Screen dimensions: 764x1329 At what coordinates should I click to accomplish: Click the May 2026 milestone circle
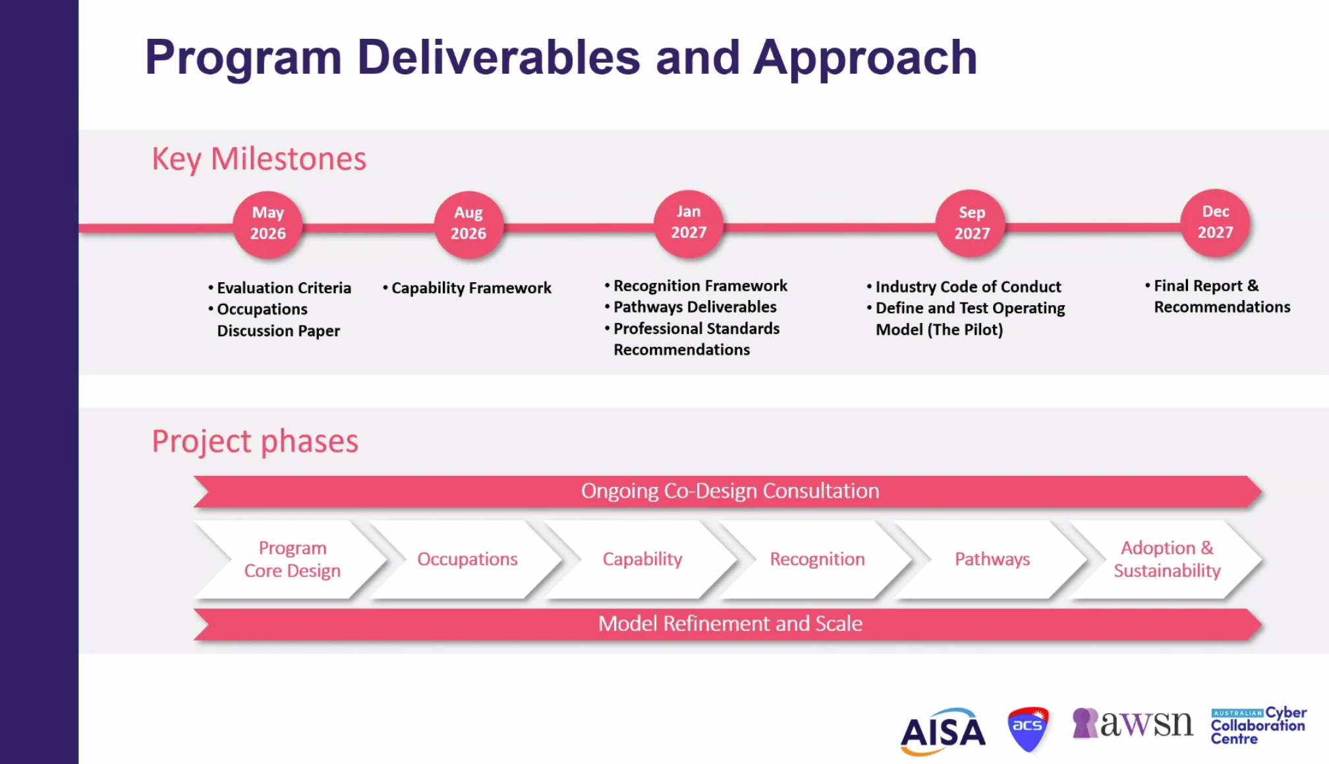click(268, 224)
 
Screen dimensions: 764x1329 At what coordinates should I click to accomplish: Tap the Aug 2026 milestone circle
click(468, 224)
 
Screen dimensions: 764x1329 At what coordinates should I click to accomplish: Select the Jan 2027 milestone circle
click(689, 223)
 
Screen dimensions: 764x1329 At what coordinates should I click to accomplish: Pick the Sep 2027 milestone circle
click(972, 224)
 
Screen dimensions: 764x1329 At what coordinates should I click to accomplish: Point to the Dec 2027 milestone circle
click(1215, 223)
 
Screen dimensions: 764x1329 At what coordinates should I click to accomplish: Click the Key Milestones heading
click(259, 159)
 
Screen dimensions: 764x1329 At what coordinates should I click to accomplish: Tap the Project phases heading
click(255, 441)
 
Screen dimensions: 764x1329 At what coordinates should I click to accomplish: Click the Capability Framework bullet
click(470, 288)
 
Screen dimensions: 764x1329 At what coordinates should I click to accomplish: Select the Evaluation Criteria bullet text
click(284, 288)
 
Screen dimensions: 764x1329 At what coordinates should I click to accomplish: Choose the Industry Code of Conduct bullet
click(968, 287)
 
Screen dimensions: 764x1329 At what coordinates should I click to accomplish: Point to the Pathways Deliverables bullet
click(694, 307)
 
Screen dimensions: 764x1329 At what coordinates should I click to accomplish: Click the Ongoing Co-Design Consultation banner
click(729, 491)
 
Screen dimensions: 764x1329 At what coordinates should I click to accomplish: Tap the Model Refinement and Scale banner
click(729, 624)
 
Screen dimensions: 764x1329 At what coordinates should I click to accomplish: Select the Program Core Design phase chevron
click(293, 560)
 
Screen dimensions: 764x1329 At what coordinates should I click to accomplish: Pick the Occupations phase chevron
click(467, 560)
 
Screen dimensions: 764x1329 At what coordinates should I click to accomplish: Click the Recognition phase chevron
click(817, 560)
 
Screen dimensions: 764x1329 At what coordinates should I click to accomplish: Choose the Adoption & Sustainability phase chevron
click(1167, 560)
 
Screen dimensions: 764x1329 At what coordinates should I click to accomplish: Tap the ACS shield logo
click(1027, 728)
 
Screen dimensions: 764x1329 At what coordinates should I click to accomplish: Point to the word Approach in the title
click(864, 57)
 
